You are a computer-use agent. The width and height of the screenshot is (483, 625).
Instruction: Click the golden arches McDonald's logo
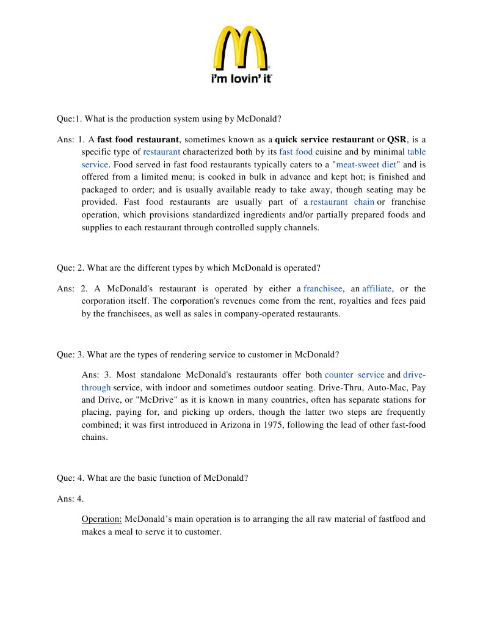(242, 48)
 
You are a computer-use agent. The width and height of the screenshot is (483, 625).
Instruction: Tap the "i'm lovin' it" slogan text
(242, 79)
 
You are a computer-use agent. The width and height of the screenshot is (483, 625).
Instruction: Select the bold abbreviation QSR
(396, 139)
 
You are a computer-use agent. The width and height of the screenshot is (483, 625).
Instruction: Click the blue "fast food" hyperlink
(296, 152)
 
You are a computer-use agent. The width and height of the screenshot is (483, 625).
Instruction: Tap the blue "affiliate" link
(376, 288)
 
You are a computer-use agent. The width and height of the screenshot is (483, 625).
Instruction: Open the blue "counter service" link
(354, 375)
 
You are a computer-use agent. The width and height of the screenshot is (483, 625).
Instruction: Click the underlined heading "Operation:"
(102, 519)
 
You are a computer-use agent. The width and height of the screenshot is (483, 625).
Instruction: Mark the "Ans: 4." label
(70, 499)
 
